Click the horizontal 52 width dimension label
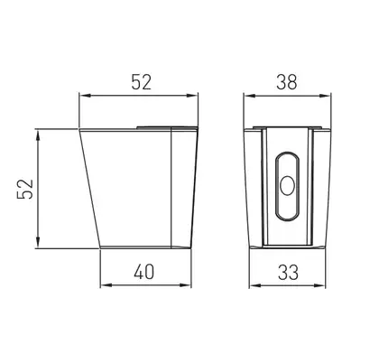141,82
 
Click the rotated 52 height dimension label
25,189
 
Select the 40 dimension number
144,272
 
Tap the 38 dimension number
287,82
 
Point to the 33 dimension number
288,272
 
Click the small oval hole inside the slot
287,185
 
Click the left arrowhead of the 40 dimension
105,284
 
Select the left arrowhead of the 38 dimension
248,96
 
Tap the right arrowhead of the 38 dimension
326,96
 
